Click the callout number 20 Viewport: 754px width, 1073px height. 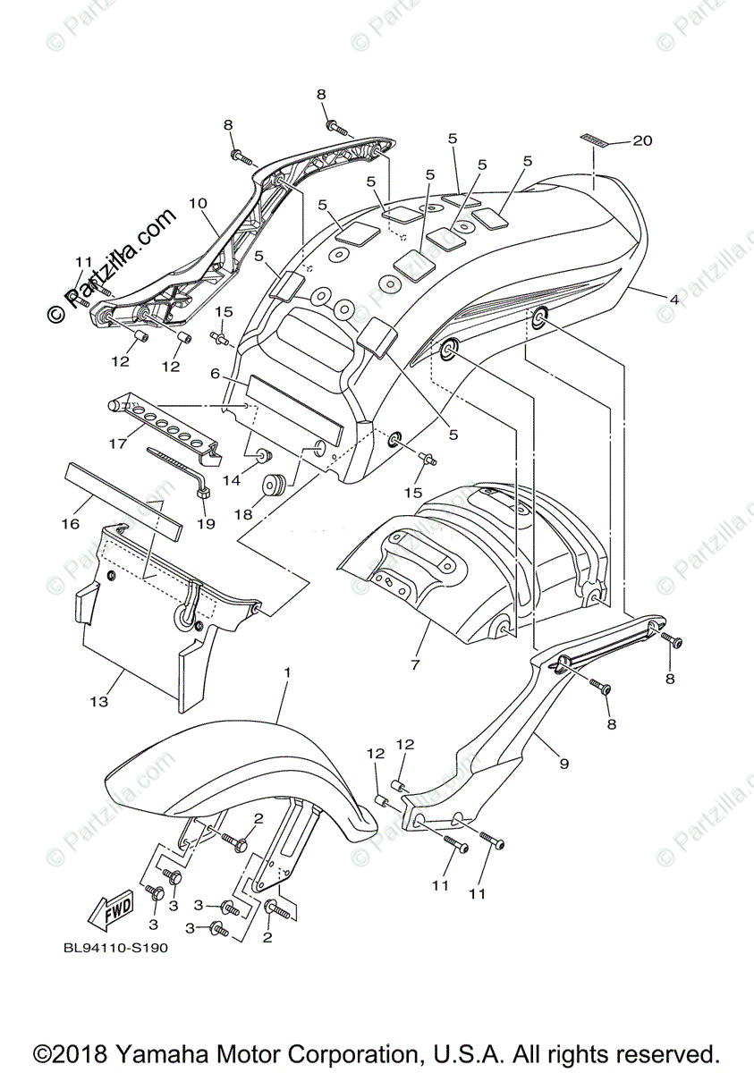(x=643, y=140)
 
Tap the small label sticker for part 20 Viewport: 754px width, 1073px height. (x=593, y=139)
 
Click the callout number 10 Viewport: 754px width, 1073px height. (x=198, y=204)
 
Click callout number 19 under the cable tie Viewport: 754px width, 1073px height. (x=207, y=524)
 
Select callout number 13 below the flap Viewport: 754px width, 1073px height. (x=98, y=702)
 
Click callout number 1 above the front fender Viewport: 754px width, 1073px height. (x=287, y=671)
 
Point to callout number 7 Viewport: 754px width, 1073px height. (x=415, y=664)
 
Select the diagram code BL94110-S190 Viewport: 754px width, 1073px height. (x=115, y=950)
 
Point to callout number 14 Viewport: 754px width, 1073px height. (x=232, y=481)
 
